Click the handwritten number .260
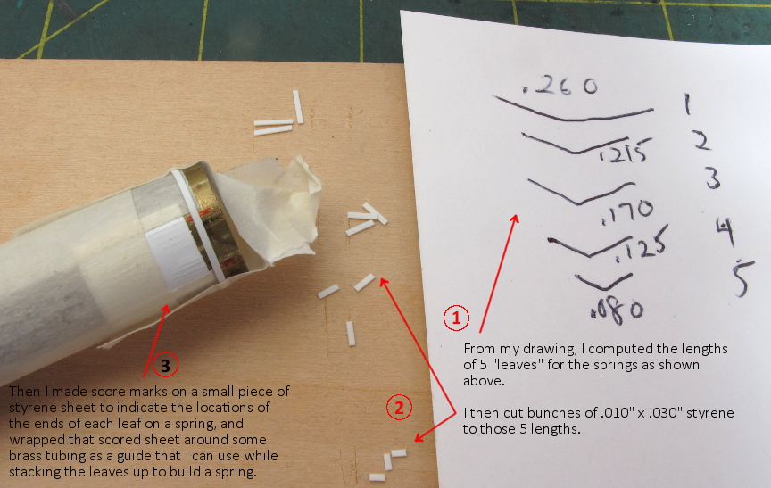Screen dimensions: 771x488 [x=560, y=86]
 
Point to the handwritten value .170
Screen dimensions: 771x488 [x=627, y=212]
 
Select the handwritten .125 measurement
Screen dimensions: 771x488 [x=641, y=245]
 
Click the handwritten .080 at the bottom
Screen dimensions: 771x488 [x=617, y=310]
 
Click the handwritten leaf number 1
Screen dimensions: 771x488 [x=687, y=103]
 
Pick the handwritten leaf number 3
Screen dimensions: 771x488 [x=712, y=178]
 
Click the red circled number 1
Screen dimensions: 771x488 [x=456, y=318]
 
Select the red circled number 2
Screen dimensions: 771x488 [x=399, y=408]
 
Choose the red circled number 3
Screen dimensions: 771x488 [x=165, y=365]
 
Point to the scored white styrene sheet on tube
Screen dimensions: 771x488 [x=174, y=252]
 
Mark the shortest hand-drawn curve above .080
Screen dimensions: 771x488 [x=603, y=282]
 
